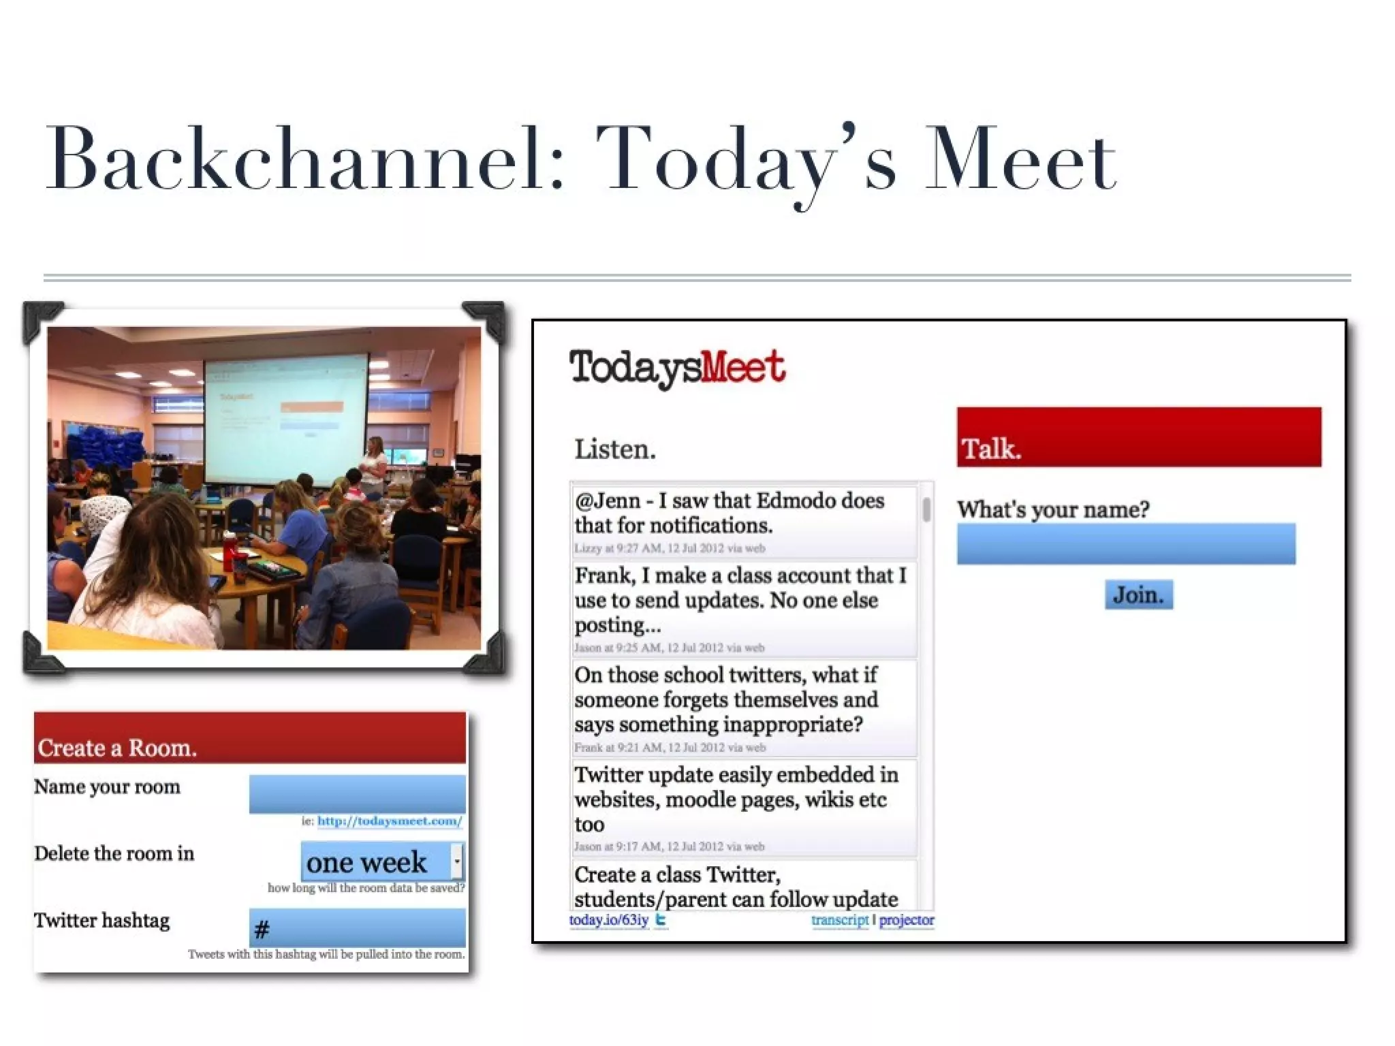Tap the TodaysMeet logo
(x=677, y=368)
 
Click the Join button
(x=1138, y=595)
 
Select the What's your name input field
(x=1125, y=543)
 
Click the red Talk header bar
(x=1138, y=437)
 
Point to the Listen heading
(x=614, y=449)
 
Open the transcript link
(x=839, y=920)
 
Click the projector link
(x=906, y=920)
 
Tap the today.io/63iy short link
(x=608, y=920)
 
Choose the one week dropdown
(x=381, y=862)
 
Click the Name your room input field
(x=357, y=794)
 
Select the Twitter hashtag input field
(x=357, y=928)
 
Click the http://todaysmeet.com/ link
(x=389, y=821)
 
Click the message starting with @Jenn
(x=729, y=513)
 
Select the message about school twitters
(x=726, y=699)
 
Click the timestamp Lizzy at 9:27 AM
(x=669, y=548)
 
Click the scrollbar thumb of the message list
(x=926, y=509)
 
